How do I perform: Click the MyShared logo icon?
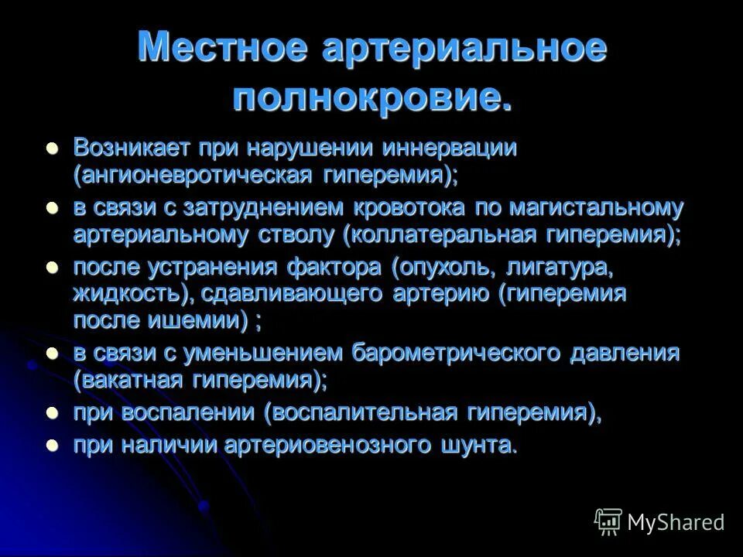coord(608,522)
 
